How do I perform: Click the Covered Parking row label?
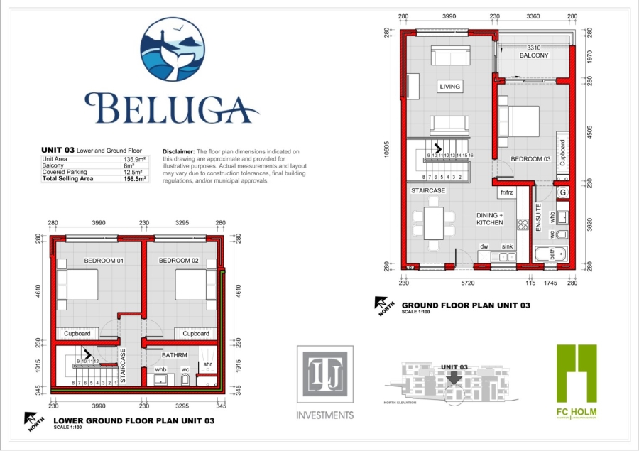pos(62,173)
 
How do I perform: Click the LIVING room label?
pos(449,87)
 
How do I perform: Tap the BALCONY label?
pos(533,55)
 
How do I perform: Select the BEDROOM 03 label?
pos(531,158)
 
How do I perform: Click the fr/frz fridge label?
pos(506,192)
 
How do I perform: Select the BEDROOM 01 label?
pos(104,261)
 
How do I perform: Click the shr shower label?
pos(207,364)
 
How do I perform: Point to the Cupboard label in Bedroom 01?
pos(77,333)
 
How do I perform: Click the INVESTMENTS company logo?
pos(324,384)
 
